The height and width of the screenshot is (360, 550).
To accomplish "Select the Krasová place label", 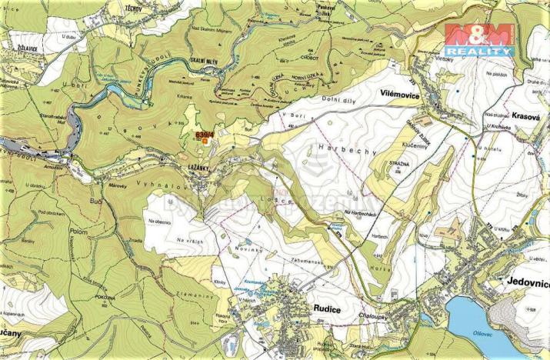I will [x=528, y=110].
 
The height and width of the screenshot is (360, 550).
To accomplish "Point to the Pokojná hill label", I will [x=105, y=295].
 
